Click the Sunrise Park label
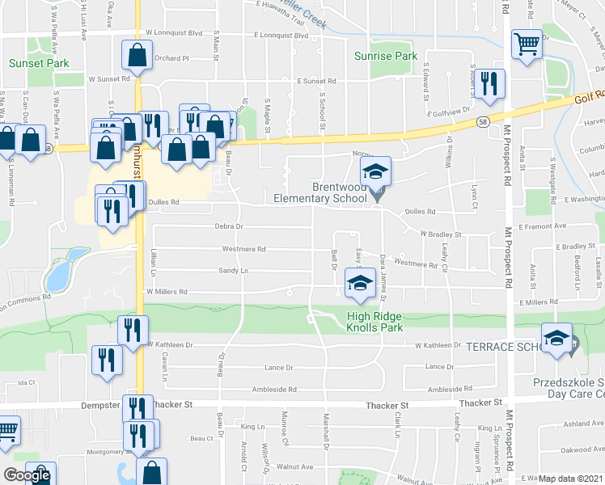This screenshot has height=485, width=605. [x=386, y=56]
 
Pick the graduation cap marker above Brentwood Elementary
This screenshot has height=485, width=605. [x=374, y=172]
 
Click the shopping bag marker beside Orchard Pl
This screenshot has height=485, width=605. [x=137, y=56]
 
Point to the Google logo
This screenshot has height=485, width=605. [x=26, y=475]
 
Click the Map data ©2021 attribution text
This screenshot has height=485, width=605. [x=570, y=479]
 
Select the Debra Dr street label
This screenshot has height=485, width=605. [x=229, y=227]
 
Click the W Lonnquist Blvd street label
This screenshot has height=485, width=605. [x=173, y=34]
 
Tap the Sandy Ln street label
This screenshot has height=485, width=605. [x=232, y=271]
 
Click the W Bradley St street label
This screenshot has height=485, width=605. [x=440, y=234]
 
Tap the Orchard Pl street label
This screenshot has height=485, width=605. [x=171, y=58]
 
